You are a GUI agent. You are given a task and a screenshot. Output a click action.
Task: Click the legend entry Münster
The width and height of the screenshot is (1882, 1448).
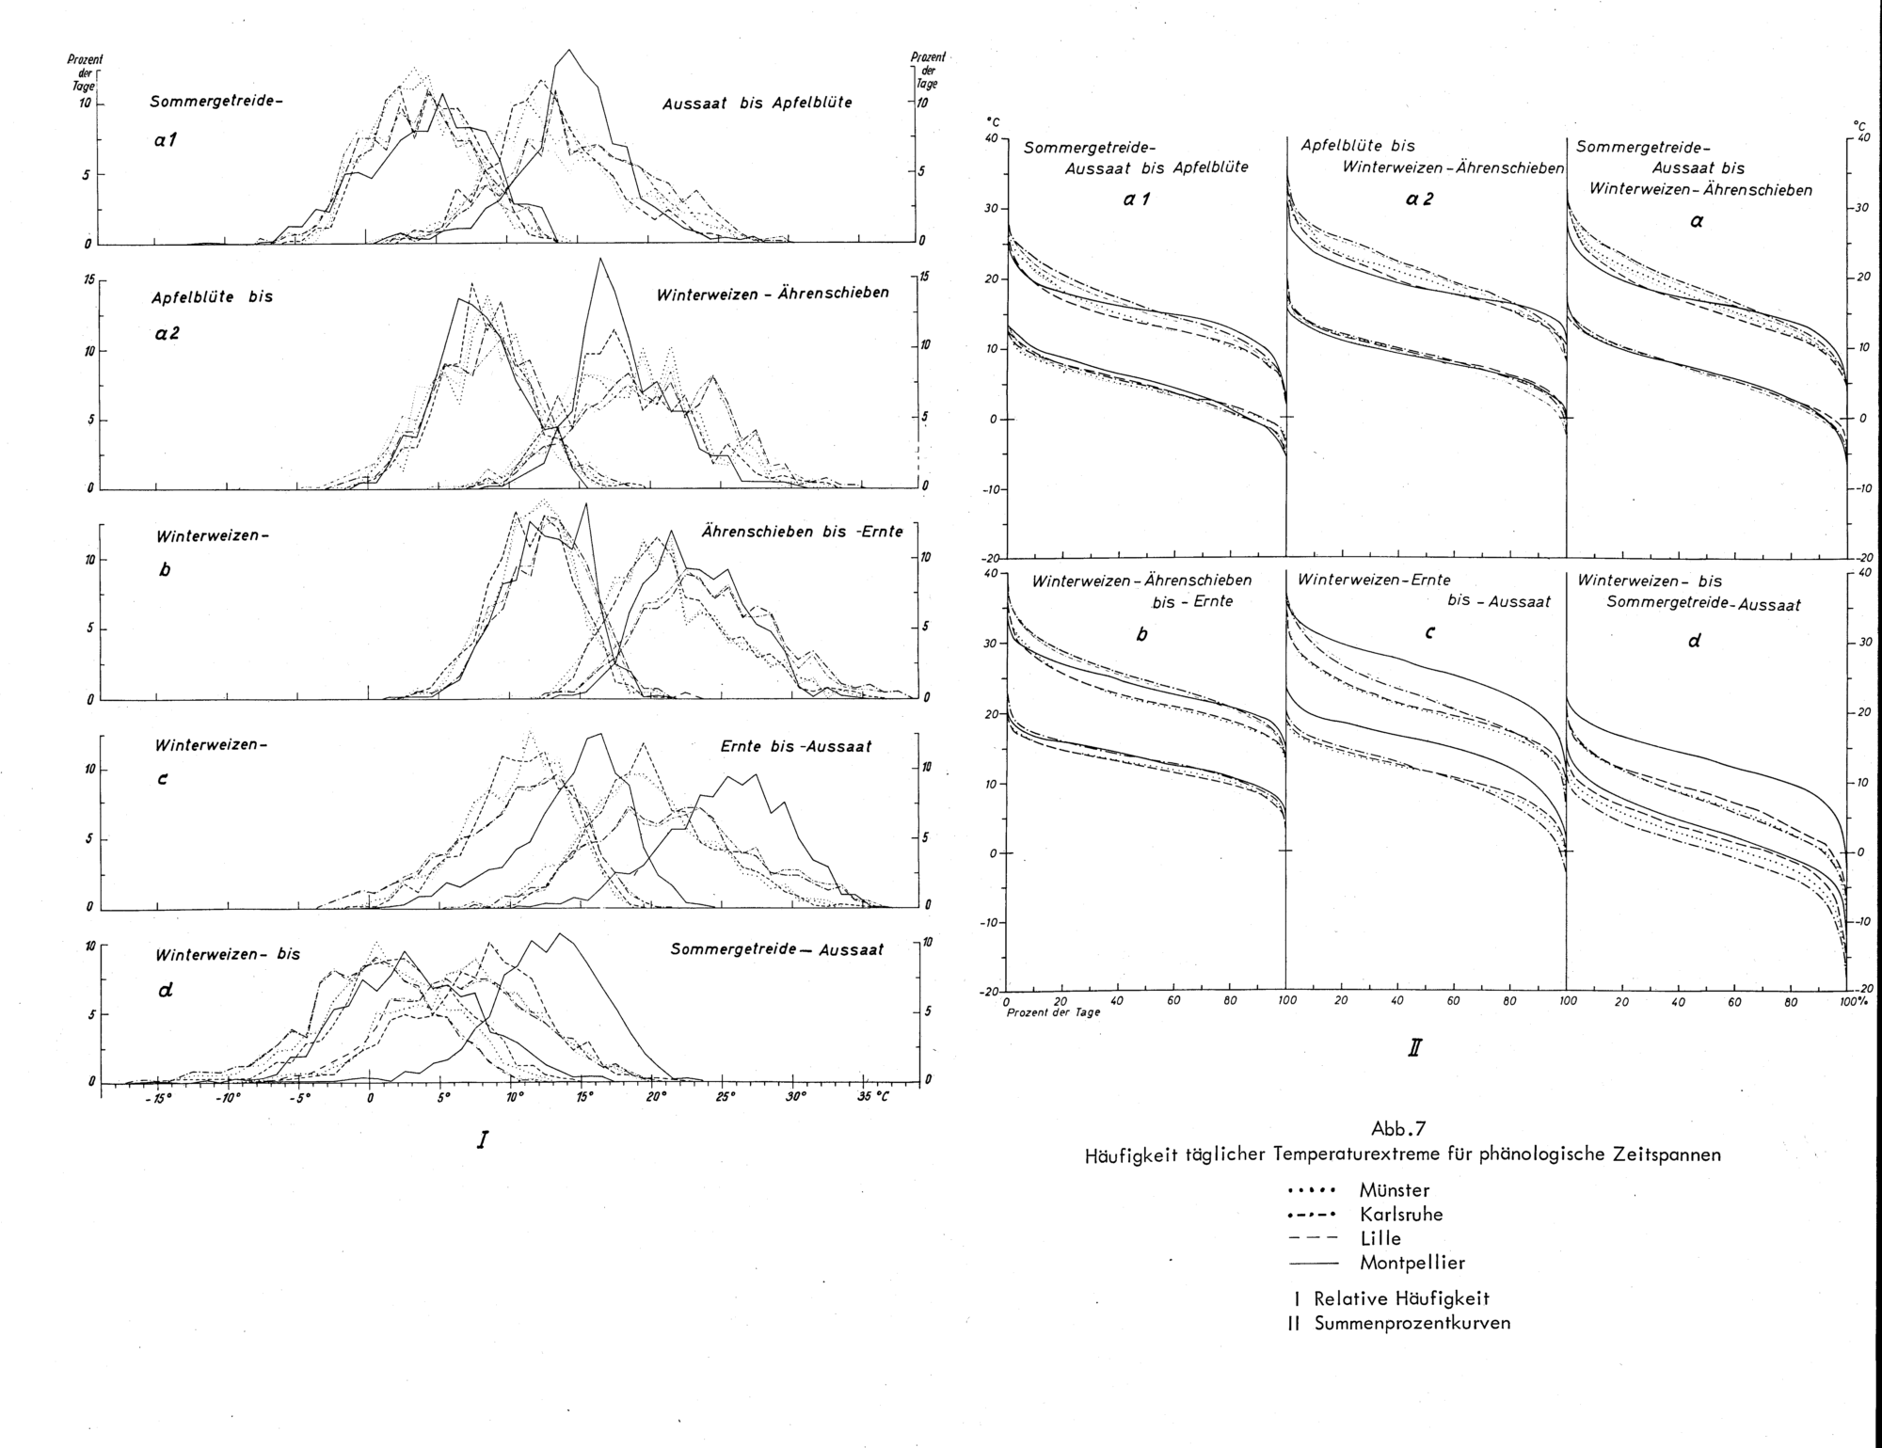coord(1394,1190)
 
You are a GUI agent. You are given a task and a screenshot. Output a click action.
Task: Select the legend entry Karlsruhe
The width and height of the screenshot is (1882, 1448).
coord(1401,1215)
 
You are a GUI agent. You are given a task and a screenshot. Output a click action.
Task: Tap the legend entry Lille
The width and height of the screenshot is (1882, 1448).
coord(1380,1239)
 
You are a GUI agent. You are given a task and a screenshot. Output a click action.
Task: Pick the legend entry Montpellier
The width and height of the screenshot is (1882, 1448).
coord(1411,1264)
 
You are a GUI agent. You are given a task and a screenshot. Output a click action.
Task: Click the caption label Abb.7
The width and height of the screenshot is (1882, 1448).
coord(1401,1127)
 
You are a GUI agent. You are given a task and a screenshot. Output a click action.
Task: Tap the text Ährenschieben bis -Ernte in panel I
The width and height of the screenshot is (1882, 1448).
coord(802,533)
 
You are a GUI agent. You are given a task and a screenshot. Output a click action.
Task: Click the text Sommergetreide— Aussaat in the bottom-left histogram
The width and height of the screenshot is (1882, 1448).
coord(777,950)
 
